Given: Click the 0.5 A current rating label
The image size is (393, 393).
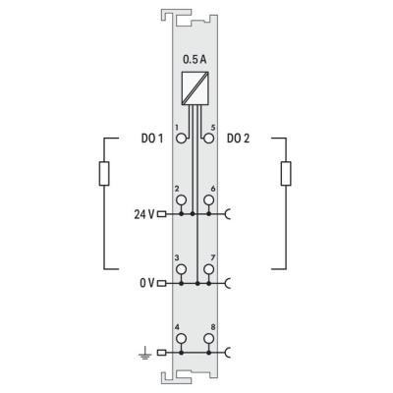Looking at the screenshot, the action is pos(195,60).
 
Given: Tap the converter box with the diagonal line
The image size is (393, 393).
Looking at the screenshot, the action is pos(196,88).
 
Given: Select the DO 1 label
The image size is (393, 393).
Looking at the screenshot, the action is pos(152,139).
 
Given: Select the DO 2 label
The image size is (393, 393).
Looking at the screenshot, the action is pos(238,139).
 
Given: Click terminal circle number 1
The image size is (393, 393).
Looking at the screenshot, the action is pos(181,139).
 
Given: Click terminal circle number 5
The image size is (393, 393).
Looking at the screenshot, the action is pos(208,139).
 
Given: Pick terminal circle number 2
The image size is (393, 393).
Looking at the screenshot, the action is pos(181,199).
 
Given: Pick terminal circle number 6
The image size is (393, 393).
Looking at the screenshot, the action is pos(208,199).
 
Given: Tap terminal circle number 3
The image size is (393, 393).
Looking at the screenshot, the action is pos(181,269).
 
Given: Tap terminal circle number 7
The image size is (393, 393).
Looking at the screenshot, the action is pos(208,269).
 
